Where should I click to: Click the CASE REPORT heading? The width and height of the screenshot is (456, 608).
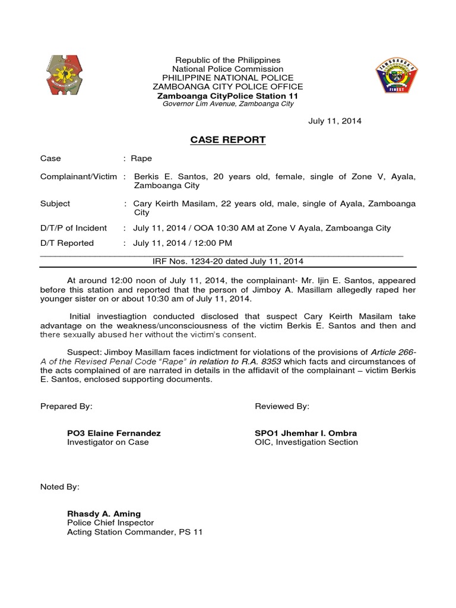(227, 140)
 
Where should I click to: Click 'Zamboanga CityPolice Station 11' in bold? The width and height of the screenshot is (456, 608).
(227, 96)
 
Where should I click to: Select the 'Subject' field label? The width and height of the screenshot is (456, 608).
(55, 204)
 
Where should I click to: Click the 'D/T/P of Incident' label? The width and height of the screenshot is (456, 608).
(73, 228)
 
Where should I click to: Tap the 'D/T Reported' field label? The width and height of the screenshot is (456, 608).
(66, 243)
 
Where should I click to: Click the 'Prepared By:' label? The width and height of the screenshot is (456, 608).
(66, 406)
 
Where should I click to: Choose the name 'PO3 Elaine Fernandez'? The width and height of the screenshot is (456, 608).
(114, 433)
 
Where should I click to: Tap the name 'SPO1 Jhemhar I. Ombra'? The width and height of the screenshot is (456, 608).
(306, 433)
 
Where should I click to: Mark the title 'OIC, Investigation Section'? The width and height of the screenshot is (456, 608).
(306, 442)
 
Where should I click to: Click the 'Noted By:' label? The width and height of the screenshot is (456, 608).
(59, 487)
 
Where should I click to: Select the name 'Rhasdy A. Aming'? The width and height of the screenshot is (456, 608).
(104, 514)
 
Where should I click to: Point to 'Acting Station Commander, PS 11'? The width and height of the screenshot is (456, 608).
(135, 532)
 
